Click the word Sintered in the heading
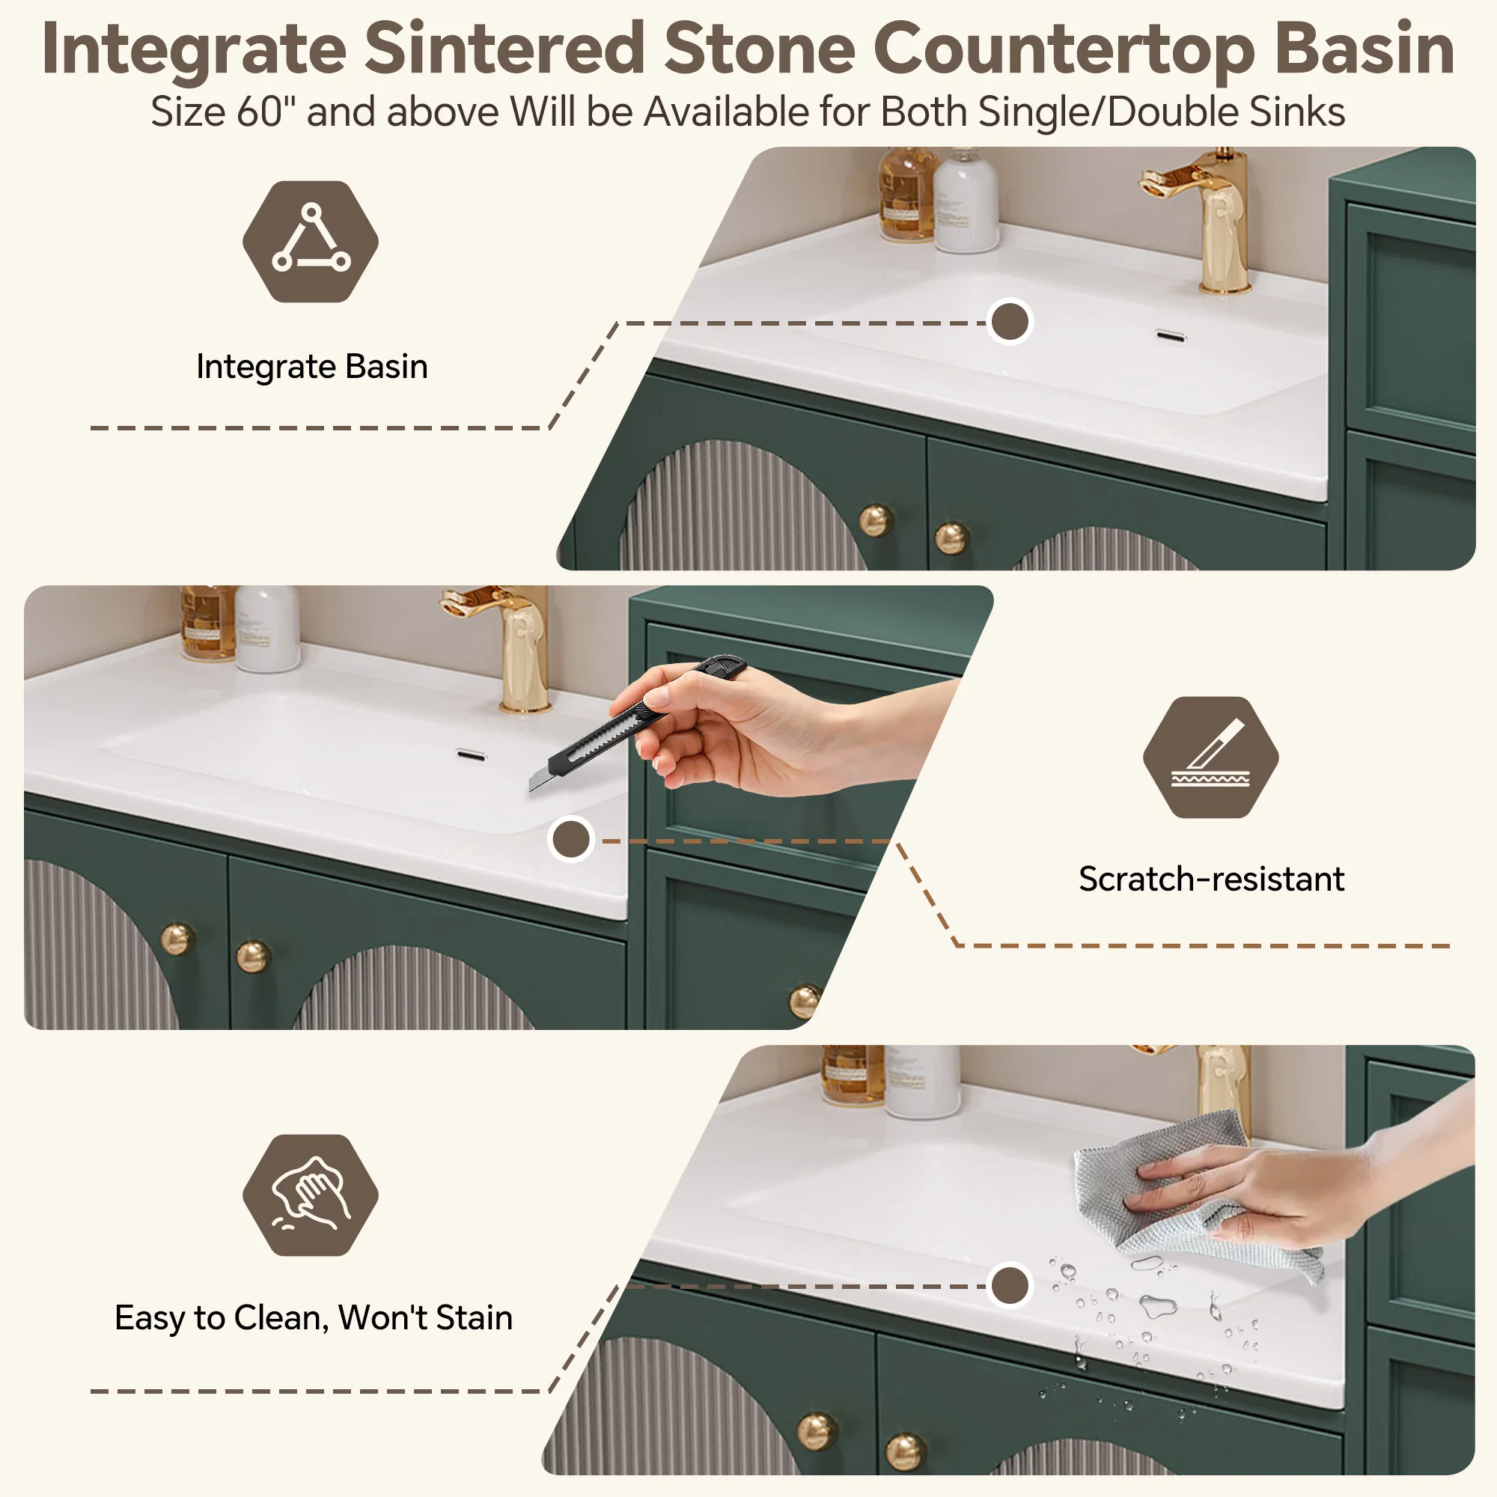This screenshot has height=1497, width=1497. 504,49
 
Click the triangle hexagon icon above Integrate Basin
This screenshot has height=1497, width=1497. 311,241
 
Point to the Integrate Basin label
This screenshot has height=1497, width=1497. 312,367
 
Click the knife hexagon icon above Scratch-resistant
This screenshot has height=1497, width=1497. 1211,757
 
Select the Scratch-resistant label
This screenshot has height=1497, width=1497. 1211,879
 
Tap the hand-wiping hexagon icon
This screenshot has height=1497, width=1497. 311,1195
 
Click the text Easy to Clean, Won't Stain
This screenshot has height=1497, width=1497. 314,1317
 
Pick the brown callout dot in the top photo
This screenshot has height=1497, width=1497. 1010,322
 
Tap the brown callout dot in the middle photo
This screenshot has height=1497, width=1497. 571,839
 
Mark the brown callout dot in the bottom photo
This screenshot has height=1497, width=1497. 1010,1285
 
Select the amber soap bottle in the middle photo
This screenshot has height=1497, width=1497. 207,623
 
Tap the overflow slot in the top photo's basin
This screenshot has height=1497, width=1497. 1170,335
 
